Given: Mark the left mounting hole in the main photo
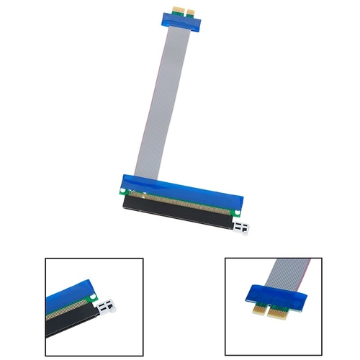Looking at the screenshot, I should tap(124, 192).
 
